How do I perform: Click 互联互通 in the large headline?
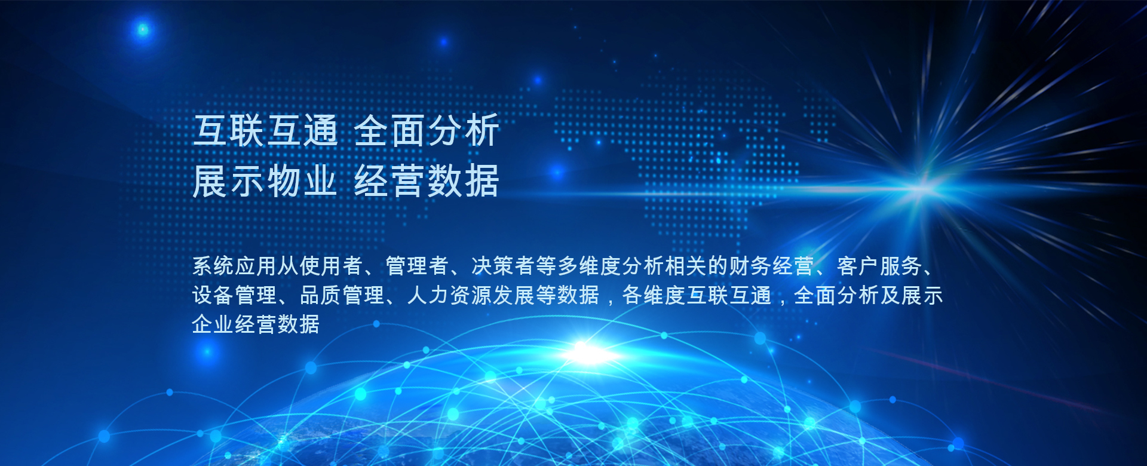tap(266, 131)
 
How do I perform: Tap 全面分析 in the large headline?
tap(427, 131)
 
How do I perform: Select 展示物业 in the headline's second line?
tap(265, 181)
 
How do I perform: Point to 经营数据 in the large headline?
tap(427, 181)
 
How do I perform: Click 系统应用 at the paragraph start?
tap(235, 266)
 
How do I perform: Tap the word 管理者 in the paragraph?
tap(417, 266)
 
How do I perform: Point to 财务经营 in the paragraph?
tap(771, 266)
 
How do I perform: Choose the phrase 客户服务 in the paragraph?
tap(879, 266)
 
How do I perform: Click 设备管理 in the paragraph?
tap(235, 295)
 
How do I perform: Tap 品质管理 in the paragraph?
tap(342, 295)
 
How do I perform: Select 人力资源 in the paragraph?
tap(450, 295)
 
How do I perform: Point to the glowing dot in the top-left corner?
tap(143, 29)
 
